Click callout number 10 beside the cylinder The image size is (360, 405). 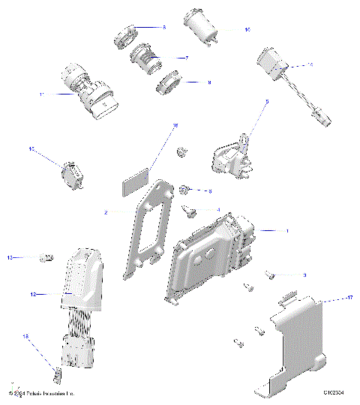[x=247, y=30]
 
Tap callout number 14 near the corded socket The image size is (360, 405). [x=311, y=64]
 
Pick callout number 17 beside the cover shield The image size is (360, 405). [x=328, y=298]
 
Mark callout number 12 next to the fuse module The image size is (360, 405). [x=33, y=295]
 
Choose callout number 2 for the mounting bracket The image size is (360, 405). [x=106, y=213]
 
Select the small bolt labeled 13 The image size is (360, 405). [x=46, y=258]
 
